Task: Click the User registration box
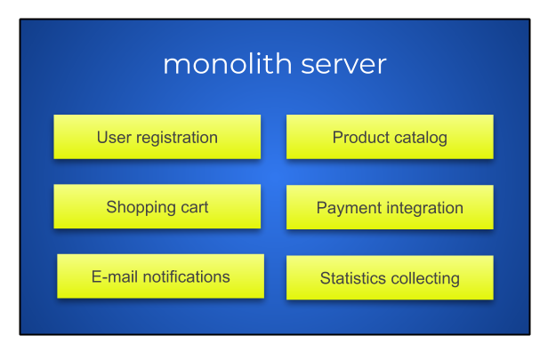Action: pyautogui.click(x=157, y=137)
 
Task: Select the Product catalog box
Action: pyautogui.click(x=390, y=137)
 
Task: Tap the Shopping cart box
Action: pyautogui.click(x=157, y=206)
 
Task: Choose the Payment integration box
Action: pyautogui.click(x=390, y=207)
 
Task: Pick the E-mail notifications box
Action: pyautogui.click(x=161, y=276)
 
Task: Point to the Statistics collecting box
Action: pyautogui.click(x=390, y=277)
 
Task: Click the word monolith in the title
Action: pyautogui.click(x=228, y=64)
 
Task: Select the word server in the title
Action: pyautogui.click(x=343, y=65)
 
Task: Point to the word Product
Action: pyautogui.click(x=361, y=137)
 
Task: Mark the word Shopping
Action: pyautogui.click(x=141, y=208)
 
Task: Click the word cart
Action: pyautogui.click(x=194, y=208)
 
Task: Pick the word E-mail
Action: pyautogui.click(x=115, y=276)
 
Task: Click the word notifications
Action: pyautogui.click(x=186, y=276)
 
